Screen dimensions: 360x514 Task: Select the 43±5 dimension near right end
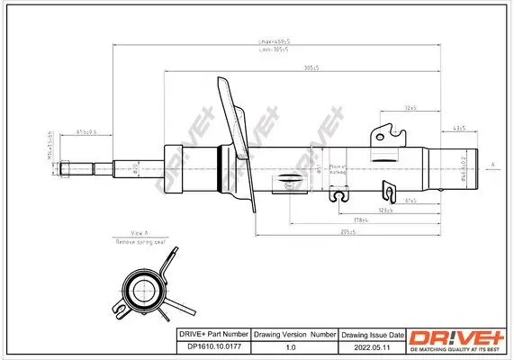(x=457, y=129)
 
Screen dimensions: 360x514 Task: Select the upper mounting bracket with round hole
(x=388, y=134)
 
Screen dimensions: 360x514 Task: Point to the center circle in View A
(x=142, y=291)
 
